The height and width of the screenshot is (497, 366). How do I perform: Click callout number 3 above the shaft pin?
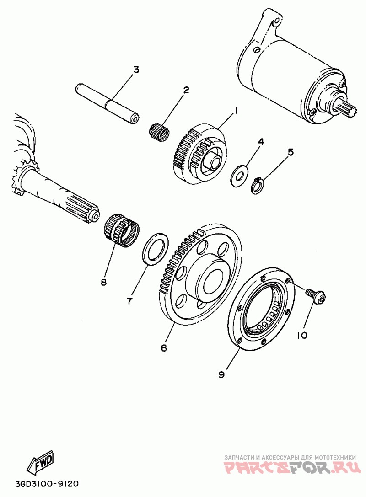tap(136, 70)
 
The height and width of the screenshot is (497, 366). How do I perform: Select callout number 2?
tap(186, 90)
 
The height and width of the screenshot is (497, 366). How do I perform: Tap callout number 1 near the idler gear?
tap(237, 110)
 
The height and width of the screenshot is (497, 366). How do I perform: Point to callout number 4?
tap(260, 142)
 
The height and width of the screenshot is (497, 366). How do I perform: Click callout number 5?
tap(290, 152)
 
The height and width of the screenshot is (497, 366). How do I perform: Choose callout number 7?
tap(130, 301)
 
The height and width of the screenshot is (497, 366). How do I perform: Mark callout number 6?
tap(163, 348)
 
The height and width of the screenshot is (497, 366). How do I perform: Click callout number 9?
tap(221, 374)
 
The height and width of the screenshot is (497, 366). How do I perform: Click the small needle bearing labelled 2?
tap(160, 129)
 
